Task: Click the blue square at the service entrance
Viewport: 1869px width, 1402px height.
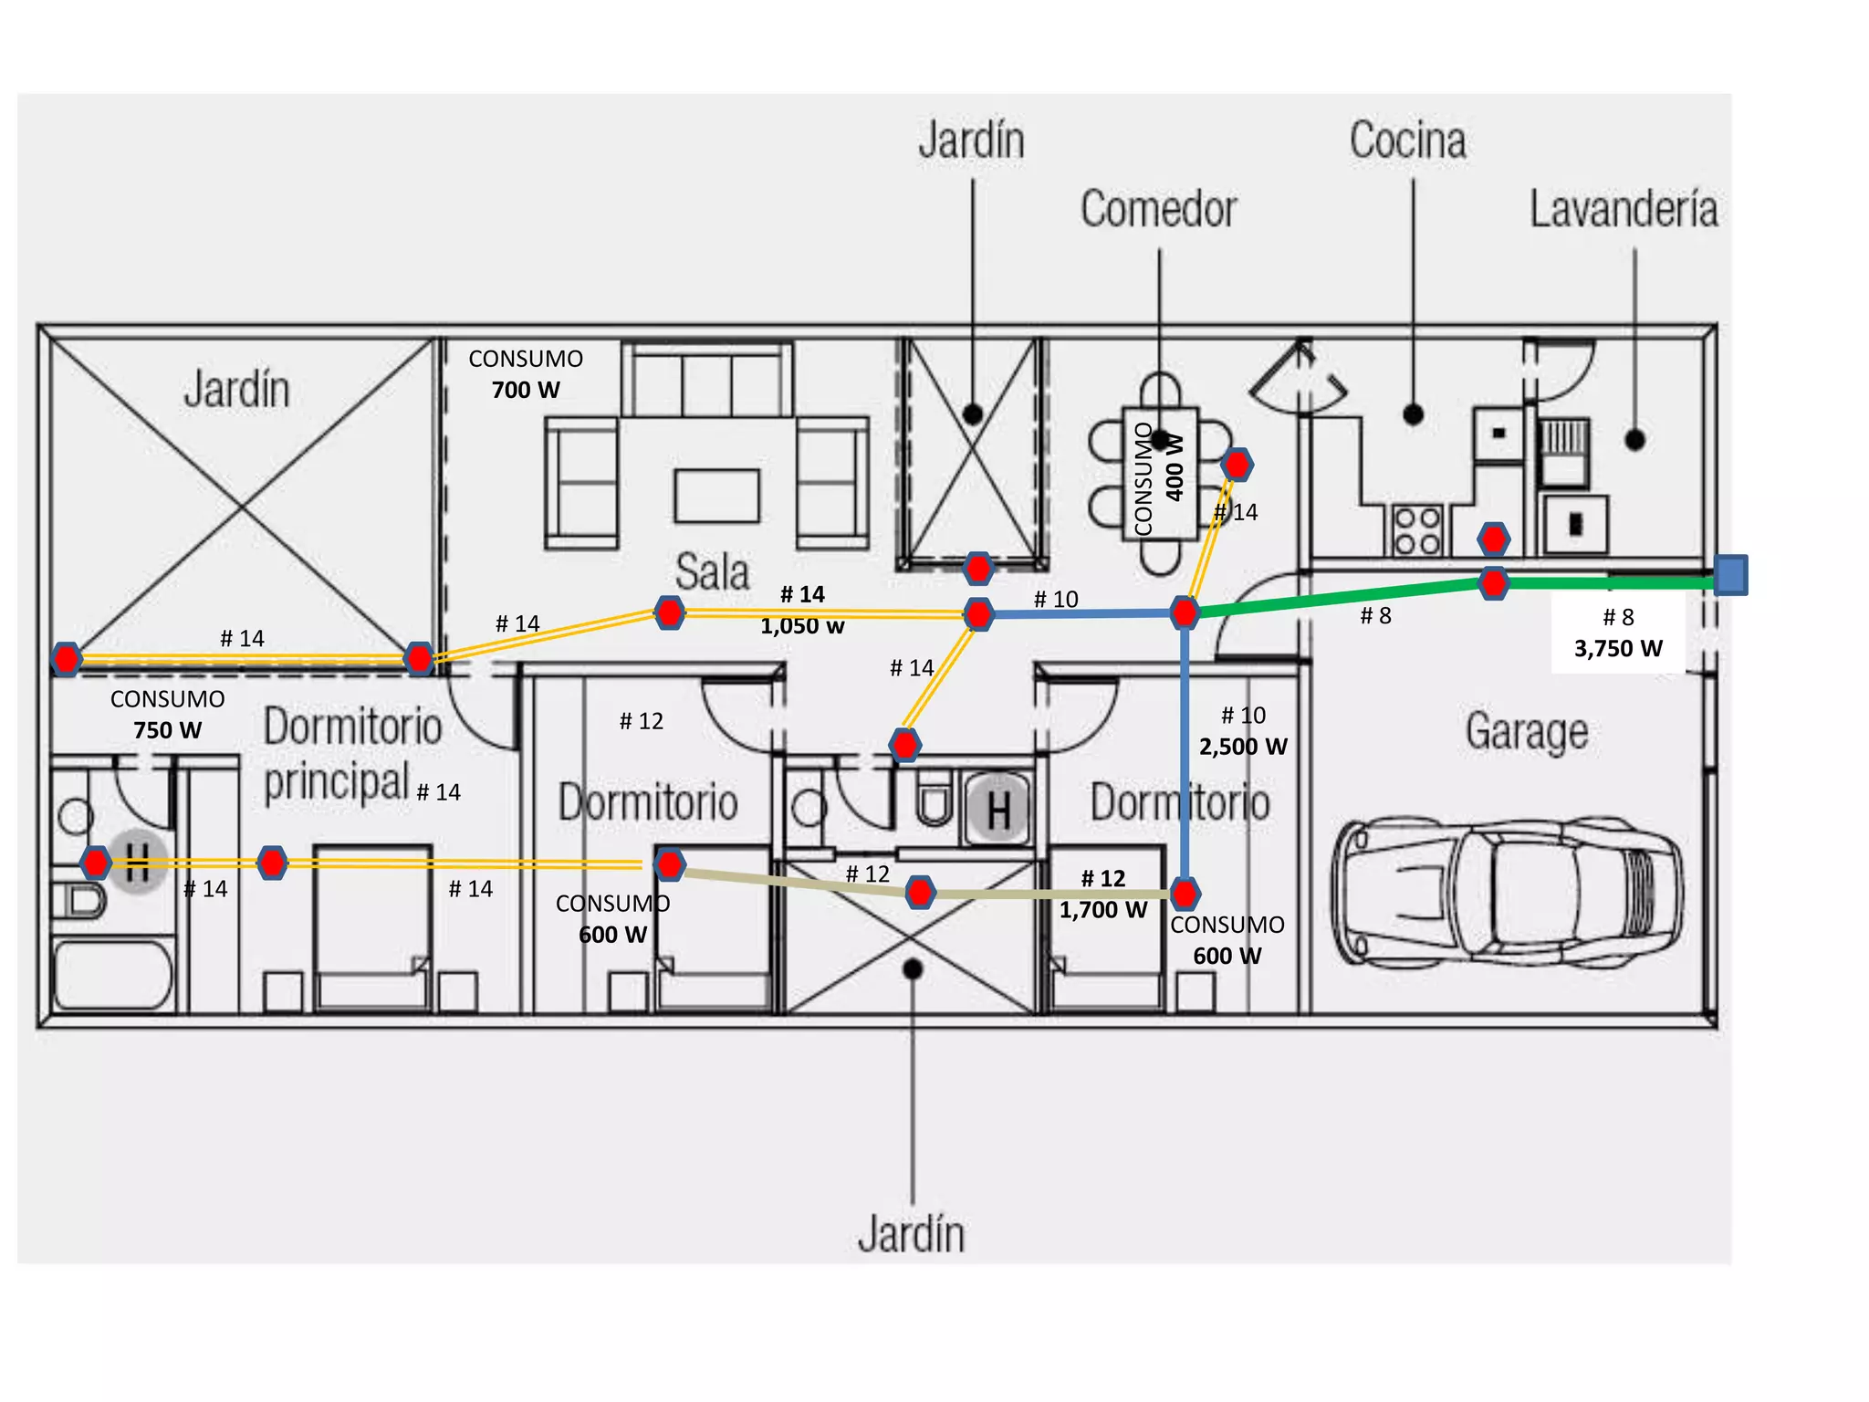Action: click(x=1730, y=575)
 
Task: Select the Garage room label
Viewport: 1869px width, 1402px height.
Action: click(x=1527, y=731)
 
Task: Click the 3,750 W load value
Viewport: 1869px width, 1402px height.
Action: click(x=1618, y=649)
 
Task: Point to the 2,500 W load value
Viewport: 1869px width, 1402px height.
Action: click(x=1243, y=747)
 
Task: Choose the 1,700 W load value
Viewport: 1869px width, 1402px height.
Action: click(x=1102, y=910)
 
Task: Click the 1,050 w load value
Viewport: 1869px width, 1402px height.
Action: click(x=802, y=626)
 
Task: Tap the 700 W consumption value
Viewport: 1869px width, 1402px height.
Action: click(x=526, y=391)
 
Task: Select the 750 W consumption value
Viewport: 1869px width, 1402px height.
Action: click(x=167, y=730)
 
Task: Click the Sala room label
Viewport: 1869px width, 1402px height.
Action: click(x=712, y=572)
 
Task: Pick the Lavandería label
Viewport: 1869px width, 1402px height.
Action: click(x=1624, y=209)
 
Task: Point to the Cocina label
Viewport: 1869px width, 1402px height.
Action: click(x=1408, y=141)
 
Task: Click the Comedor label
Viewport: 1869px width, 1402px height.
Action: click(x=1159, y=209)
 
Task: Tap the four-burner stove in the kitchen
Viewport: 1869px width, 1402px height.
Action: click(x=1417, y=530)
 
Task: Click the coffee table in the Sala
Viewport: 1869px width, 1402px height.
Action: click(x=717, y=496)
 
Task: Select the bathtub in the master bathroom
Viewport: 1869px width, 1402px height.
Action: click(x=113, y=974)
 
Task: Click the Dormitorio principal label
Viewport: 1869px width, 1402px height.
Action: click(x=353, y=754)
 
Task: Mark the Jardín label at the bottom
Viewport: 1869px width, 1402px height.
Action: click(x=911, y=1234)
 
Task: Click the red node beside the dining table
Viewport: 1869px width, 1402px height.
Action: click(x=1237, y=465)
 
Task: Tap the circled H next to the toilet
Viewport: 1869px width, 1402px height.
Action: click(x=998, y=809)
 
